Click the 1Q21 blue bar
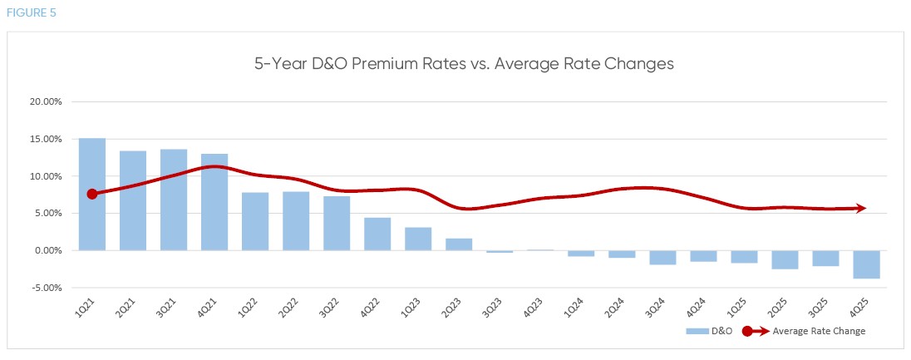pyautogui.click(x=92, y=194)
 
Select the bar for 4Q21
pyautogui.click(x=214, y=202)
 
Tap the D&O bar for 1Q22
pyautogui.click(x=255, y=221)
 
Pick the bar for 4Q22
pyautogui.click(x=377, y=234)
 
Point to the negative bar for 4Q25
pyautogui.click(x=866, y=264)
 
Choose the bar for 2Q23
pyautogui.click(x=459, y=244)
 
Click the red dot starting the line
pyautogui.click(x=92, y=194)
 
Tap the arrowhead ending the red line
pyautogui.click(x=861, y=209)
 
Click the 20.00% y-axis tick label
pyautogui.click(x=46, y=102)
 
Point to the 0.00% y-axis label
pyautogui.click(x=48, y=250)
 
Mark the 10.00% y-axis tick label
pyautogui.click(x=46, y=176)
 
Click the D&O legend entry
pyautogui.click(x=713, y=331)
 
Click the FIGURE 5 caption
pyautogui.click(x=27, y=13)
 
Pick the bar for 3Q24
pyautogui.click(x=662, y=257)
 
